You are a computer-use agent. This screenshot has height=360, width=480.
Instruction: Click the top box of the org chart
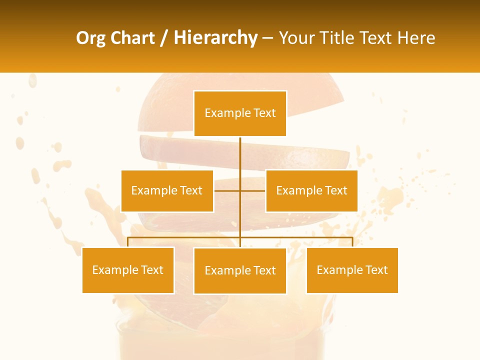tap(240, 113)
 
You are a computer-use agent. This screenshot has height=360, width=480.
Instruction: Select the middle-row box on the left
tap(167, 190)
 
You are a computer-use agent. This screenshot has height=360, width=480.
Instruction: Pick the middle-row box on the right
tap(311, 190)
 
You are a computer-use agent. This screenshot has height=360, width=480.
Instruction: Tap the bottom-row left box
tap(128, 270)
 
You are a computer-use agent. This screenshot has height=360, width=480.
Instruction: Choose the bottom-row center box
tap(240, 270)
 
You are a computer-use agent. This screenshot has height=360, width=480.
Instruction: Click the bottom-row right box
tap(352, 270)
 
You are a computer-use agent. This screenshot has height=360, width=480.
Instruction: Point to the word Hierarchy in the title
tap(215, 38)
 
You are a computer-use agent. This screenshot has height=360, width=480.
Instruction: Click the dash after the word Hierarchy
tap(267, 38)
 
